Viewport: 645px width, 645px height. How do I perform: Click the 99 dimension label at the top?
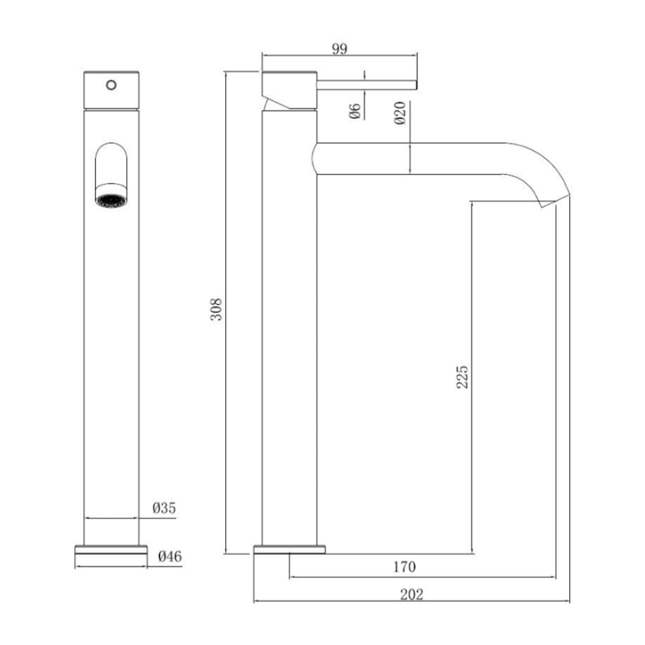pos(339,49)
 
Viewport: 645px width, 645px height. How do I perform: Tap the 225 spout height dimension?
pos(462,377)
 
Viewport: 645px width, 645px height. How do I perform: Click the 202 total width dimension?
pos(412,594)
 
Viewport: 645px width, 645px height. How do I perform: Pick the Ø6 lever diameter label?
pos(355,111)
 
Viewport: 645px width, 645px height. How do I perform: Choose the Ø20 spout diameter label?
pos(399,113)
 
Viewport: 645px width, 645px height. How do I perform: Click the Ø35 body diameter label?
pos(164,508)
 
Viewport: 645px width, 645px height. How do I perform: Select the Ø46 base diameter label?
pos(170,556)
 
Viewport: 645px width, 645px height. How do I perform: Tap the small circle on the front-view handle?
pos(111,85)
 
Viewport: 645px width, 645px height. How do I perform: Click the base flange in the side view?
pos(290,549)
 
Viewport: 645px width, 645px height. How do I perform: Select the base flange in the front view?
pos(111,549)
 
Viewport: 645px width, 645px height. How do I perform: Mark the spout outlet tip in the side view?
pos(554,202)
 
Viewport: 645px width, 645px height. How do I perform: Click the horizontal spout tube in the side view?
pos(408,159)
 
